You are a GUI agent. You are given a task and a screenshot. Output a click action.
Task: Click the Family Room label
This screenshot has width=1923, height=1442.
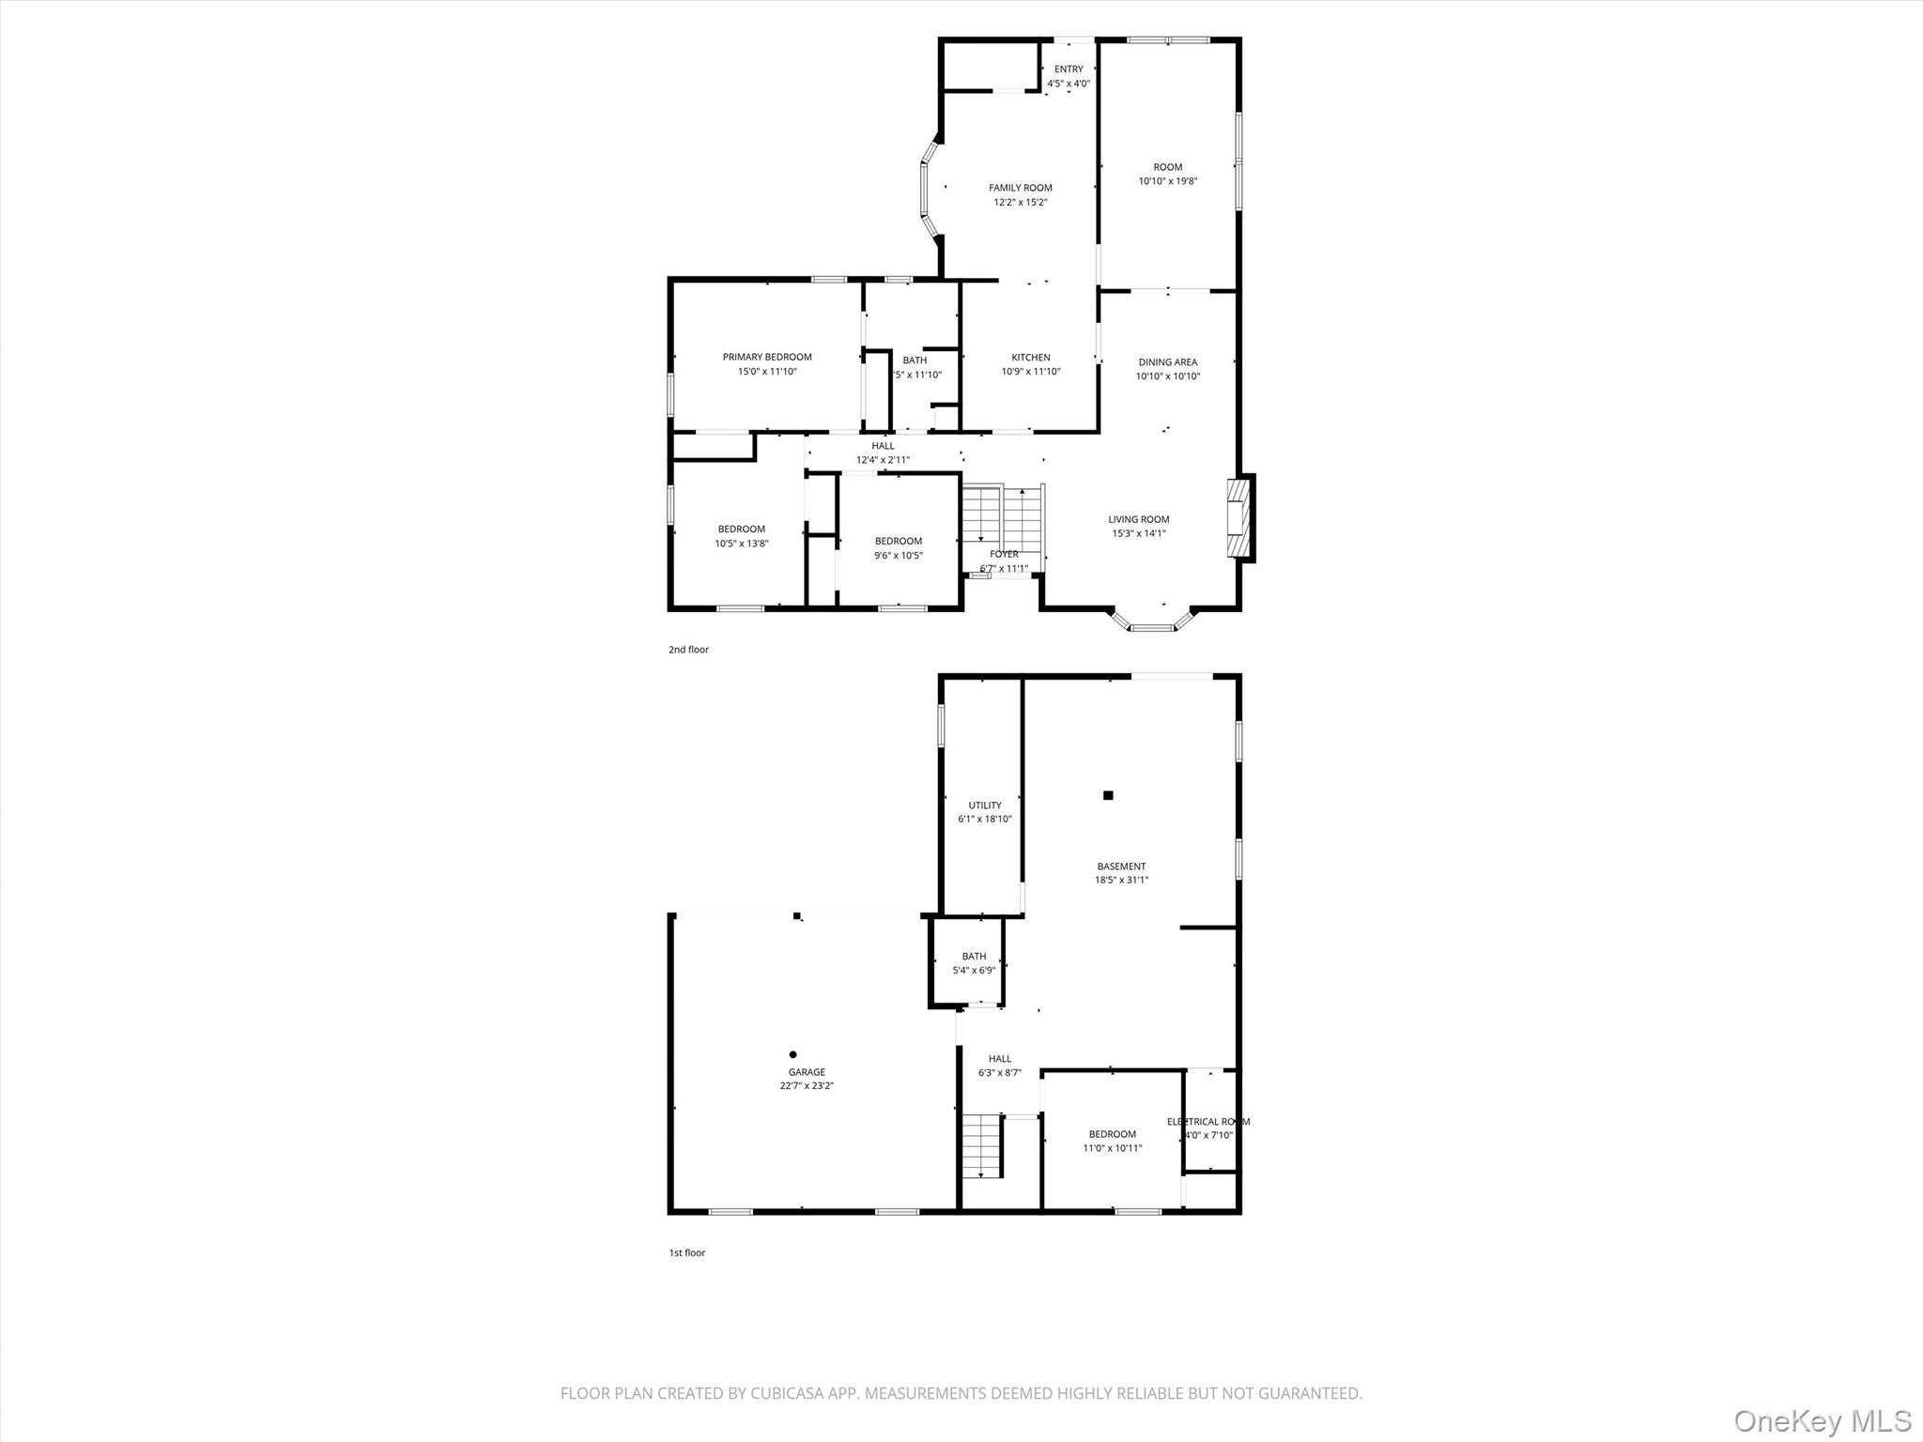(x=1020, y=188)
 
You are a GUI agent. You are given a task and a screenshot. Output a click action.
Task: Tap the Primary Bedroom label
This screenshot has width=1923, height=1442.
(x=767, y=357)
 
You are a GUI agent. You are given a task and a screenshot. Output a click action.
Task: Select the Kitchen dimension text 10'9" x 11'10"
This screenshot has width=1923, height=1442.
(x=1030, y=372)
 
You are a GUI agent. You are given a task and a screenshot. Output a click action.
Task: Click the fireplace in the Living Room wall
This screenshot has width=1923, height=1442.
(x=1239, y=518)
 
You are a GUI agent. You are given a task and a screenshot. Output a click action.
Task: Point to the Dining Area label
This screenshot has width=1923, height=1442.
(x=1167, y=362)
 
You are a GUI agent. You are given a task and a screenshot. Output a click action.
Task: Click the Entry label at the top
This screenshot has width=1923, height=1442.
(x=1069, y=69)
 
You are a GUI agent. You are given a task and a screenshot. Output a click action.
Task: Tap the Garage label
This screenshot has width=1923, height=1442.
(x=807, y=1072)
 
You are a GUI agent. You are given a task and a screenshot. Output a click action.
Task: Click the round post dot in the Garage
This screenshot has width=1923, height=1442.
(x=793, y=1054)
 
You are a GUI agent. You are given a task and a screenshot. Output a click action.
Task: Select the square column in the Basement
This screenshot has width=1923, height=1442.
(x=1108, y=795)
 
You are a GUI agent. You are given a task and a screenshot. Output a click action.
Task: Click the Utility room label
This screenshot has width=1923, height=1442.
(x=985, y=805)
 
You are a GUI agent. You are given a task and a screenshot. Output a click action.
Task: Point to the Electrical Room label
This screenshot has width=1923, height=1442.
(x=1208, y=1122)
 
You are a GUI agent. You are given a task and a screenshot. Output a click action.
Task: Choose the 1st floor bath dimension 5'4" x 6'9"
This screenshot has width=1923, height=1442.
(x=974, y=971)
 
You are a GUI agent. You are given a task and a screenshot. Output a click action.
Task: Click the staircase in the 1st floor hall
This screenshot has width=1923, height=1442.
(x=982, y=1145)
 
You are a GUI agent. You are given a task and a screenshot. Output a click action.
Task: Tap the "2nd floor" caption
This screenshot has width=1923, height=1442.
(x=688, y=650)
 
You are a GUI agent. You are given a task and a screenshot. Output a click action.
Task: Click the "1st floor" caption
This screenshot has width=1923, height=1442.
(x=686, y=1253)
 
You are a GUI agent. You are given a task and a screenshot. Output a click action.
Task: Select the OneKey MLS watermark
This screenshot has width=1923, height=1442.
(x=1822, y=1420)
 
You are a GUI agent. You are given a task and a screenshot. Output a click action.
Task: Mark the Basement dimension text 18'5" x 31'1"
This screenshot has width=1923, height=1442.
(x=1121, y=881)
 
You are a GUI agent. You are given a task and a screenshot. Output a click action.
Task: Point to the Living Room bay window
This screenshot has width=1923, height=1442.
(x=1151, y=622)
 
